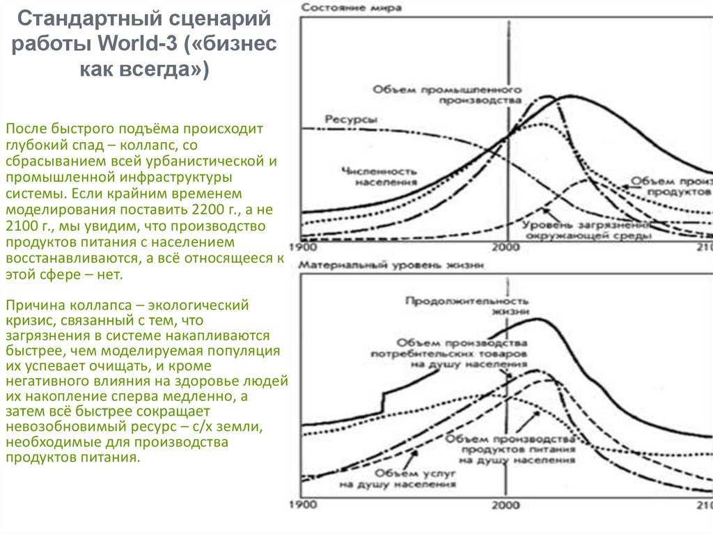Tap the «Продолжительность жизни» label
[462, 306]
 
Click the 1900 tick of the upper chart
[301, 247]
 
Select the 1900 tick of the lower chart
[301, 503]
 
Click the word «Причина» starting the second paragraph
[29, 306]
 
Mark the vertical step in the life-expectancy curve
[382, 402]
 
